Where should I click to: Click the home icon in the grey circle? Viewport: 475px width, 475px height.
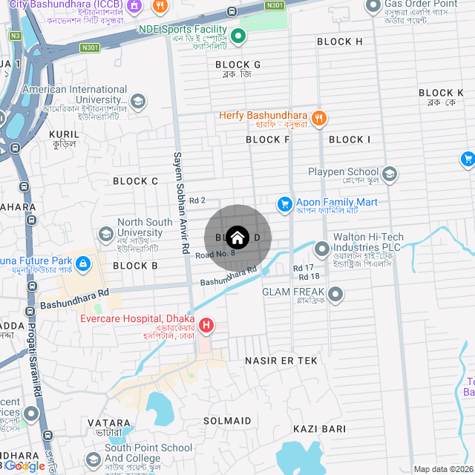click(x=237, y=237)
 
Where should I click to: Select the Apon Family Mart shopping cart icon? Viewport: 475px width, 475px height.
click(x=284, y=203)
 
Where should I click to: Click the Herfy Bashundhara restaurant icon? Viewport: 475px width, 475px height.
click(x=318, y=117)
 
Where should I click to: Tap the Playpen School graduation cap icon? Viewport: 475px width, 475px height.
click(x=390, y=174)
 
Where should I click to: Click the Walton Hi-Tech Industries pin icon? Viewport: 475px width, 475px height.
click(x=321, y=249)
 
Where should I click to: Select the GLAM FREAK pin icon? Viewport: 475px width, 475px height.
click(x=336, y=295)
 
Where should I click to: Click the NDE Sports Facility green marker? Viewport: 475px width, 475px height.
click(x=238, y=36)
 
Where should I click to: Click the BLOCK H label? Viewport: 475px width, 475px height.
click(x=339, y=42)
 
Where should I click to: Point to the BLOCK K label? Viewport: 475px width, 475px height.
click(x=441, y=93)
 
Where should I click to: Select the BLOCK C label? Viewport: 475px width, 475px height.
click(x=135, y=181)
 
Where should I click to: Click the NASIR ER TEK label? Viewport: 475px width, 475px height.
click(x=281, y=360)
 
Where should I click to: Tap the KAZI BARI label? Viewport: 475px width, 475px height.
click(x=319, y=429)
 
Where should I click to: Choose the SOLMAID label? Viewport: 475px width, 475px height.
click(x=227, y=421)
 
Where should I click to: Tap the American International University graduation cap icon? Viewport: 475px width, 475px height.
click(x=137, y=101)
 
